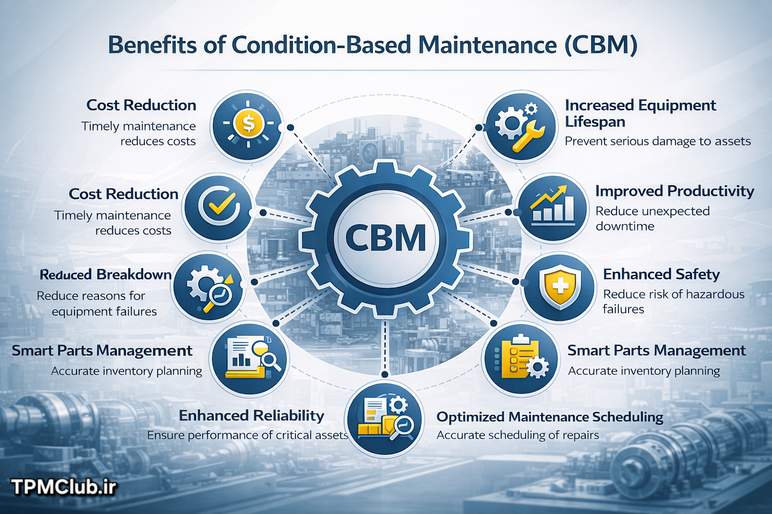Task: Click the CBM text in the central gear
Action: point(385,237)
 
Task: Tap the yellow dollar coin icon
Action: point(248,123)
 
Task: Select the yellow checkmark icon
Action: point(219,203)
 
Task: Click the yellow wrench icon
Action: point(528,135)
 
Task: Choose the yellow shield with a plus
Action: point(559,286)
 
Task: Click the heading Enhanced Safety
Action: point(661,275)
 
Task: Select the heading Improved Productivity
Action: point(675,191)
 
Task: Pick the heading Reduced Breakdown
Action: point(106,275)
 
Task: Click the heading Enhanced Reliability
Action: point(252,416)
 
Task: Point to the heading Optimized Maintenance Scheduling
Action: point(550,417)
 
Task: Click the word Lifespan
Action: point(595,122)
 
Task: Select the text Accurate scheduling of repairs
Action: point(518,435)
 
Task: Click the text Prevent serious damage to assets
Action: point(658,141)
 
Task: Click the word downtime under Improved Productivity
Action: point(625,226)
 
